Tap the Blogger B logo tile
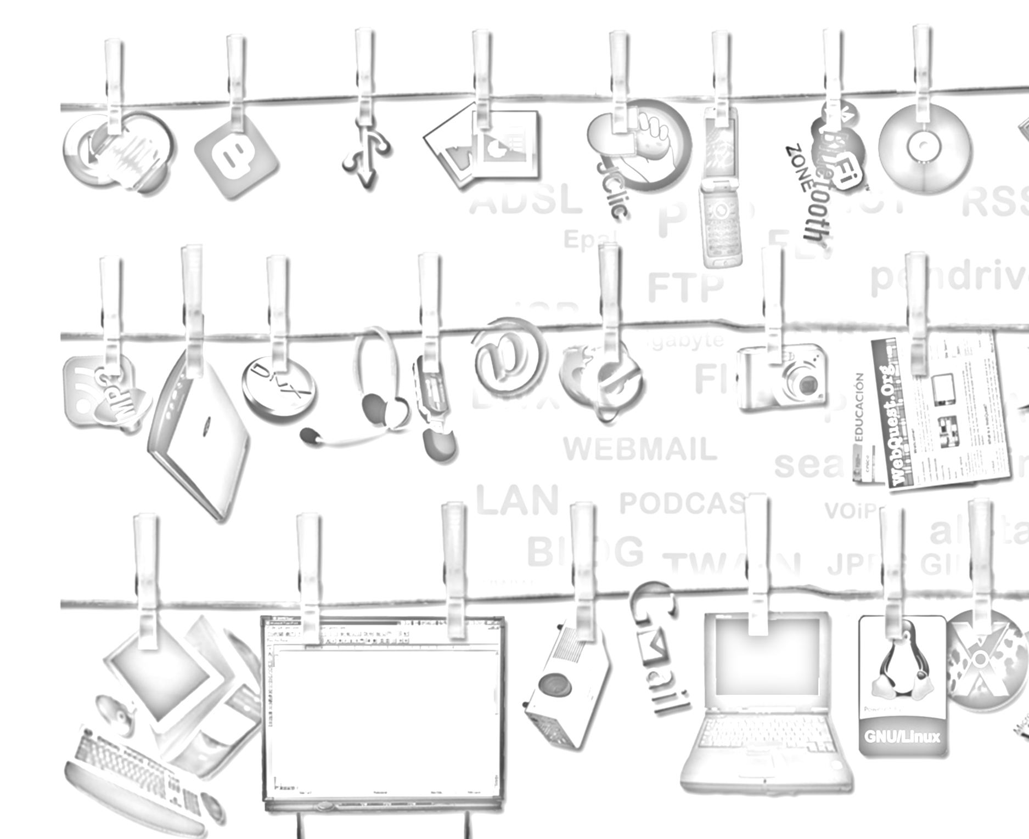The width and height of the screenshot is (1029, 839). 236,156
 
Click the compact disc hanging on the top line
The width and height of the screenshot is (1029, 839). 925,148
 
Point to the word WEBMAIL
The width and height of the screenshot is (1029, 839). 640,449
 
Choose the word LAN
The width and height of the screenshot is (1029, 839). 516,501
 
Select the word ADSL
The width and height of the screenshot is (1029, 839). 525,201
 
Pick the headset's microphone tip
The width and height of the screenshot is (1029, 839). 310,435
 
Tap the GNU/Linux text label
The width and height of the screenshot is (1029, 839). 902,736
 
